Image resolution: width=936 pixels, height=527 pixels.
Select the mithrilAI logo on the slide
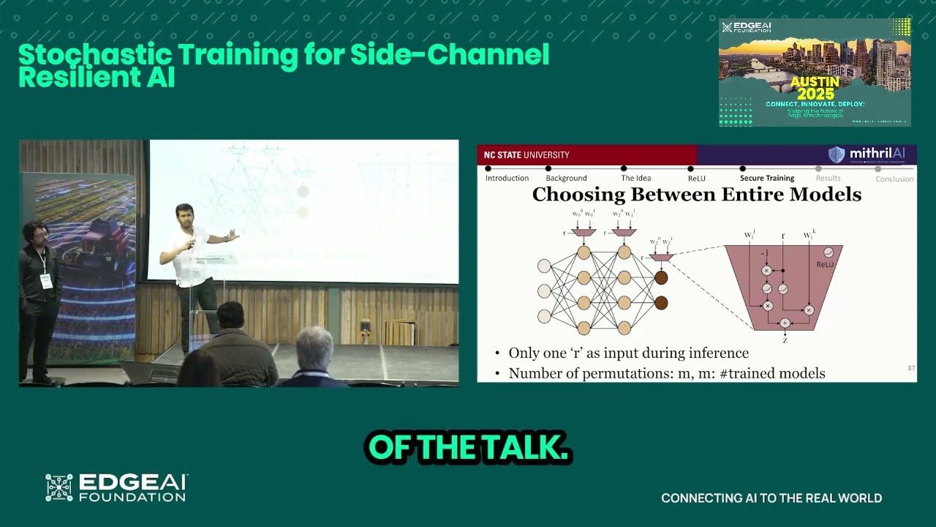click(x=867, y=154)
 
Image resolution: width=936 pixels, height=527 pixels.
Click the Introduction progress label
click(x=507, y=178)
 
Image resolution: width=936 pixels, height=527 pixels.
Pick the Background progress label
click(x=566, y=178)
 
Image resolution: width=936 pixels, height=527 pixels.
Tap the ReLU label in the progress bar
click(x=696, y=178)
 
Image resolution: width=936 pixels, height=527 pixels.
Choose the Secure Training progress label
click(x=766, y=178)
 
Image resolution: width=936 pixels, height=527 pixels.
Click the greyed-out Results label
click(x=828, y=178)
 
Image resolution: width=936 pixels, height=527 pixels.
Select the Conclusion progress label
click(x=894, y=179)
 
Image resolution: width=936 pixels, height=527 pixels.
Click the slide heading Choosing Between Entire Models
click(x=696, y=195)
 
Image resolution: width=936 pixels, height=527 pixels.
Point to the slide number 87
click(x=911, y=368)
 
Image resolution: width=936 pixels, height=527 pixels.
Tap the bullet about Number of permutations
click(x=666, y=373)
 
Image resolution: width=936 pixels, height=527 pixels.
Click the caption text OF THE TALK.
click(x=468, y=448)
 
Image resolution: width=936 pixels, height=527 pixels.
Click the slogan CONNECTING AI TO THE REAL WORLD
click(x=771, y=498)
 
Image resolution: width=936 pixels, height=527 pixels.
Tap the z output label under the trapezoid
click(x=785, y=340)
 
